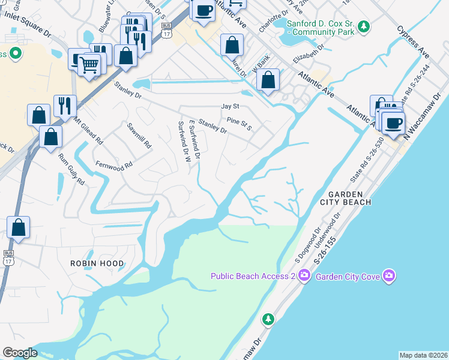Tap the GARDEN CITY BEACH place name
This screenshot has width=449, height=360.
pos(349,198)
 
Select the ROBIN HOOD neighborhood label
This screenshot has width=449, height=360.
pos(97,263)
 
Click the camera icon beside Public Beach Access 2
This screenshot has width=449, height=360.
pos(304,275)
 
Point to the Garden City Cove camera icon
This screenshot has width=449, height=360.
pos(390,275)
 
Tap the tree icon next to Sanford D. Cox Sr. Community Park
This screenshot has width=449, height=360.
pos(363,26)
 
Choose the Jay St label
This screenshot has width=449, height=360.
pos(230,106)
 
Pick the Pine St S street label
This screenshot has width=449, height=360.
pos(239,124)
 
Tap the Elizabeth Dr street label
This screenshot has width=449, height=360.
pos(308,53)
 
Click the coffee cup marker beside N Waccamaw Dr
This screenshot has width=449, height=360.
pos(393,124)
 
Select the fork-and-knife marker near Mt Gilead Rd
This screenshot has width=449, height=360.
pos(64,106)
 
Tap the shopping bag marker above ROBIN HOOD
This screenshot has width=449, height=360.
pos(19,227)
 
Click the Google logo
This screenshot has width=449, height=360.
pos(20,353)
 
